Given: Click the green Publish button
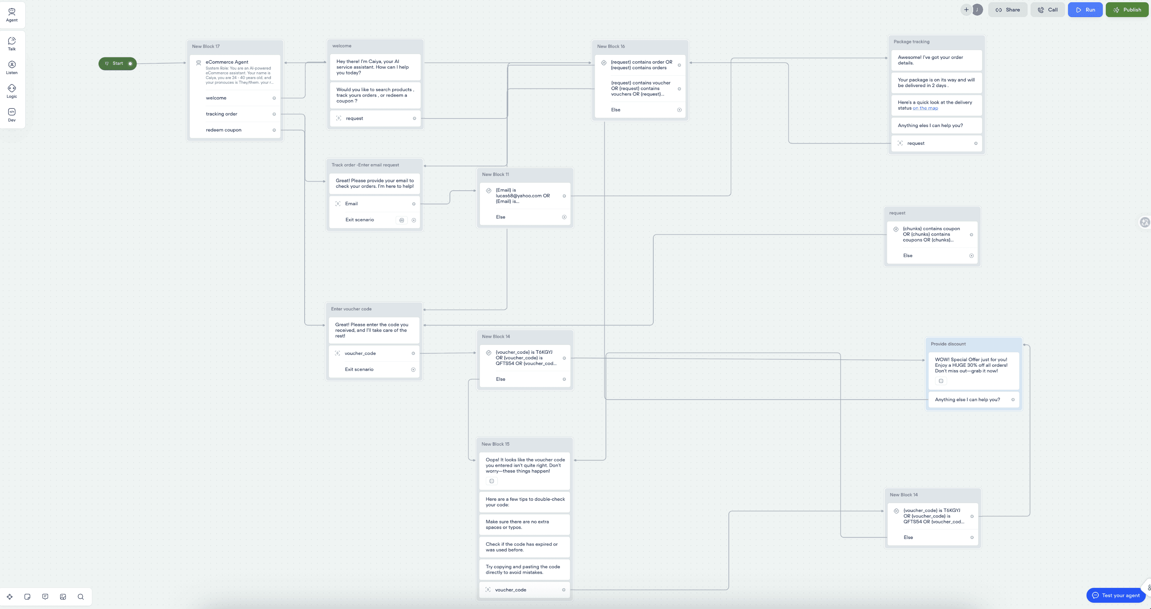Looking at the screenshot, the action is [x=1127, y=10].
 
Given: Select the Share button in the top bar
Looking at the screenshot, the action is [x=1008, y=10].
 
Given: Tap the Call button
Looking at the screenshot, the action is [x=1047, y=10].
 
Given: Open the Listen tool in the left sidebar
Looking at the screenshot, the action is [x=11, y=67].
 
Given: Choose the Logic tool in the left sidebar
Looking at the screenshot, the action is [x=11, y=91].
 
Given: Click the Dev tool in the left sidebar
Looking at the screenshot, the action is [x=11, y=115].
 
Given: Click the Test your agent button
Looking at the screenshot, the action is [x=1116, y=595].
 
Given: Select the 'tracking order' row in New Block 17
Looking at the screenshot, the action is [x=222, y=114].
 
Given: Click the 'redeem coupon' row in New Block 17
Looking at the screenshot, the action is [x=223, y=130].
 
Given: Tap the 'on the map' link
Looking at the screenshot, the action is [x=925, y=108].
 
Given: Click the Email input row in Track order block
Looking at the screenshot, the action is [x=351, y=204].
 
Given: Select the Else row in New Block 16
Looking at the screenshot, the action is [x=616, y=110].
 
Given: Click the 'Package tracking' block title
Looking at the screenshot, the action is [x=912, y=41].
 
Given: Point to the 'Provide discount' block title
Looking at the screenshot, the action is [x=948, y=344].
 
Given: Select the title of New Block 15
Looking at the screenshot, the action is [x=495, y=444].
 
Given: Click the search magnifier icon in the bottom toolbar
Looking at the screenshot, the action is [x=81, y=597].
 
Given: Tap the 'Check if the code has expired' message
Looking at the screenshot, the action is [x=521, y=547].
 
